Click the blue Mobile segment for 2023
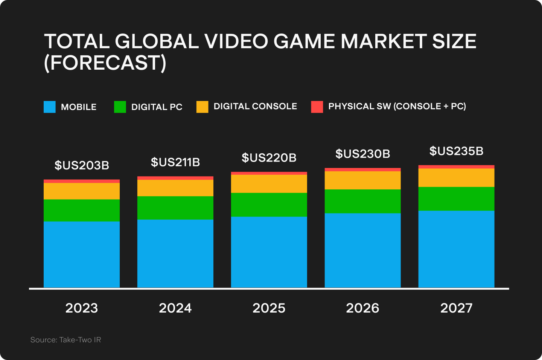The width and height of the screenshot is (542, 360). pos(82,254)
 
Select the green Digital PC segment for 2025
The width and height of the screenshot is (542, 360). pos(269,204)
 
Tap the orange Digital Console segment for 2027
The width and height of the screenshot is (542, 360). pos(456,177)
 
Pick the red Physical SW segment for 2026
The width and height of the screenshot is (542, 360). pos(362,170)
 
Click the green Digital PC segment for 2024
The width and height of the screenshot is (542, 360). pos(175,207)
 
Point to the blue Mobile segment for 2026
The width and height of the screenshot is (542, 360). pos(362,250)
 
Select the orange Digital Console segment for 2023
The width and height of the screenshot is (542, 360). pos(82,191)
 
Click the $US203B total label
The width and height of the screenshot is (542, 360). pos(82,165)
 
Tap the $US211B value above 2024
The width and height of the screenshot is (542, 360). pos(175,162)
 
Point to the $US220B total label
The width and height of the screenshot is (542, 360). pos(269,158)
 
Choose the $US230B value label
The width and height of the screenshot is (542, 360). pos(363,154)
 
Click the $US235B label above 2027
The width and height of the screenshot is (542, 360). pos(456,151)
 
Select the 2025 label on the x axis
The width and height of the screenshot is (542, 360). pos(269,308)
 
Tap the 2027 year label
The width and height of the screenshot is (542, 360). pos(456,308)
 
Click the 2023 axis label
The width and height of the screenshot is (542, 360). pos(82,308)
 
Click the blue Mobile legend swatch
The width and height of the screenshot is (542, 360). pos(50,107)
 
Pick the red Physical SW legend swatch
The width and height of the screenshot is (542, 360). pos(317,107)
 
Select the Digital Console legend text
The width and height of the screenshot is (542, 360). pos(255,107)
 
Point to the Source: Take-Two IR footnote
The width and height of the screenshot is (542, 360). pos(66,340)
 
